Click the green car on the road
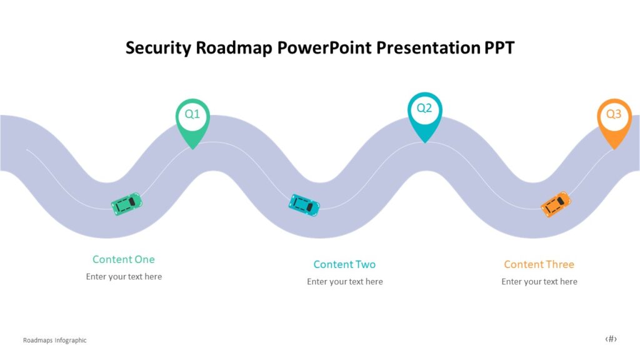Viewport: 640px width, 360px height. (x=127, y=204)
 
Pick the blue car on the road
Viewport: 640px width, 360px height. (x=304, y=205)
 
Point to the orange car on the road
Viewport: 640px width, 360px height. (x=556, y=204)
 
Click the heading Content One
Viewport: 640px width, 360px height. (x=123, y=259)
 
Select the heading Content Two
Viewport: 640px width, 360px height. (x=344, y=264)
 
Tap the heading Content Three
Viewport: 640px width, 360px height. (x=539, y=264)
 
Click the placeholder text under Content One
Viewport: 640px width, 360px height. (x=124, y=277)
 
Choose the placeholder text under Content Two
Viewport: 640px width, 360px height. (x=344, y=282)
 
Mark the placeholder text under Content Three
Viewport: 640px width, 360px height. (x=539, y=282)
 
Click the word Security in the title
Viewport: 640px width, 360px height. (x=158, y=48)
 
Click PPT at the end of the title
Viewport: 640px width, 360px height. (x=499, y=48)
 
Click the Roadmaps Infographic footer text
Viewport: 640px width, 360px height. (x=54, y=341)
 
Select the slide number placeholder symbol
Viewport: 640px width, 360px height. (x=611, y=339)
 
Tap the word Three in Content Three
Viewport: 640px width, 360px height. (x=557, y=264)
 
